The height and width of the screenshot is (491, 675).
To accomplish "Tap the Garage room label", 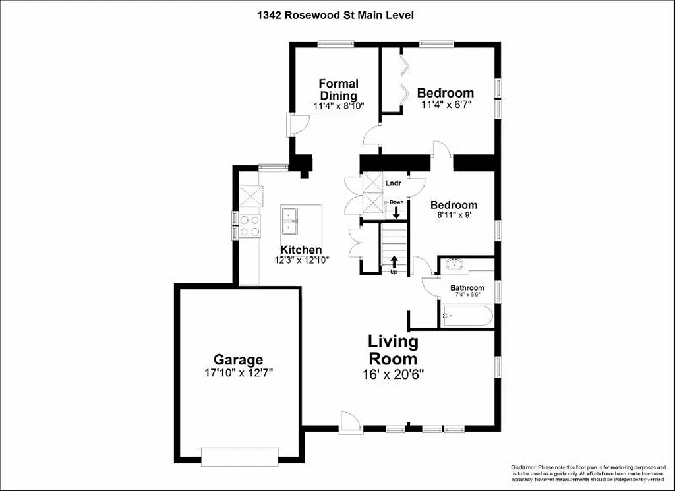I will tap(238, 360).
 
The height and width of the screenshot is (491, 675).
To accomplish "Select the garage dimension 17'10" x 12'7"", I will tap(238, 373).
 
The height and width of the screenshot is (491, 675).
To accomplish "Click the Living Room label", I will tap(393, 350).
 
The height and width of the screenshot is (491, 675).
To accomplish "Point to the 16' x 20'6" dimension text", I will tap(393, 374).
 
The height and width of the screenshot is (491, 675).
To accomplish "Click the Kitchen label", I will tap(301, 250).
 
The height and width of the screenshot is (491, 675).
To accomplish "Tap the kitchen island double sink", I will tap(290, 220).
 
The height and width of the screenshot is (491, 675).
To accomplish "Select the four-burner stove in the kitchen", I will tap(250, 226).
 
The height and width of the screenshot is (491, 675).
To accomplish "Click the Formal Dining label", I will tap(338, 90).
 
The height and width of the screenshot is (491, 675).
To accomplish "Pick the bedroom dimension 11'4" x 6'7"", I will tap(446, 105).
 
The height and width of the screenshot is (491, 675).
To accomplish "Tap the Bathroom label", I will tap(467, 288).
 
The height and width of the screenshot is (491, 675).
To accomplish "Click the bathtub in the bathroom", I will tap(467, 316).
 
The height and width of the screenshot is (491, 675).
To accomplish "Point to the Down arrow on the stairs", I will tap(396, 212).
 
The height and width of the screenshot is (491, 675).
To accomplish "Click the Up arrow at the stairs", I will tap(394, 261).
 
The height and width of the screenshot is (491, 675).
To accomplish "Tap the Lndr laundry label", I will tap(394, 183).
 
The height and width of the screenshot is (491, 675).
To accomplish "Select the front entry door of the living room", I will tap(351, 422).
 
